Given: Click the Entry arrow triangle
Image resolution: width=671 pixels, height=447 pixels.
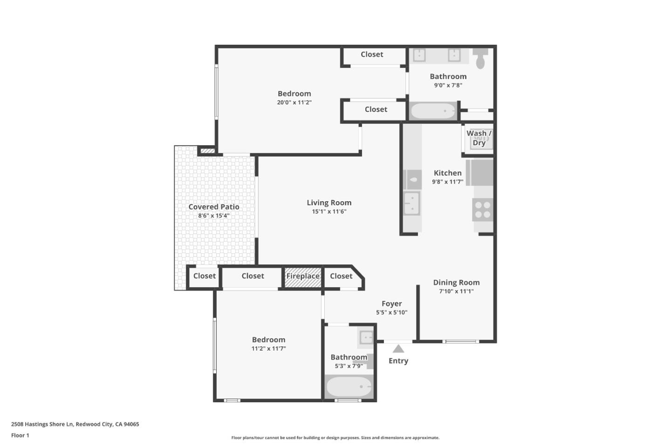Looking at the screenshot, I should coord(398,349).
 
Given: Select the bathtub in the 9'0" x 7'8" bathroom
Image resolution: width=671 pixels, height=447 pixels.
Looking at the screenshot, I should coord(433,111).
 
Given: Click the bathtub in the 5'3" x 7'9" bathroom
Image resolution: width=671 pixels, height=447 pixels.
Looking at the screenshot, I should coord(349,387).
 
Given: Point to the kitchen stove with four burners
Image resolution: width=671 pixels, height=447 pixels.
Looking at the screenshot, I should coord(482,210).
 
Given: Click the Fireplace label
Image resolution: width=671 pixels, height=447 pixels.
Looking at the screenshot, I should coord(303,276).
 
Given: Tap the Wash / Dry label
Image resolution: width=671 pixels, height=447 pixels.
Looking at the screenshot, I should coord(479,138).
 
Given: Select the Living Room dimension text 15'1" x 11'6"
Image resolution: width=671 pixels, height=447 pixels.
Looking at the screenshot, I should coord(329,211).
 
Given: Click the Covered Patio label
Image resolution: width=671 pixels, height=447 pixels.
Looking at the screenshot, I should coord(214,207).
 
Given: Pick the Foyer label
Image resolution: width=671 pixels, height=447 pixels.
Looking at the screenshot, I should coord(391,304).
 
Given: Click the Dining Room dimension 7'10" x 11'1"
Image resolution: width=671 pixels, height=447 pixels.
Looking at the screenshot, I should coord(456,291).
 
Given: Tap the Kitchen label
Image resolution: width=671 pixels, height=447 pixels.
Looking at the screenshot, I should coord(447,173).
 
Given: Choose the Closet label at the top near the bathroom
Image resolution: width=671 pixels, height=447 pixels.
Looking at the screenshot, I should coord(372,54).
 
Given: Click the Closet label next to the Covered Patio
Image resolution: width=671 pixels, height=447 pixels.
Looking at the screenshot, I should coord(205,276).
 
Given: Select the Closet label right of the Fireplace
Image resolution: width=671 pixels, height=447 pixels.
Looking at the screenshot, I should coord(341,276).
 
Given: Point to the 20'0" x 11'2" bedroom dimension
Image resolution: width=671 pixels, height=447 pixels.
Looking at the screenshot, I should coord(294,102).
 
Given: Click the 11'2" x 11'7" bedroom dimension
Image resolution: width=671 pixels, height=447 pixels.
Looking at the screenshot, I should coord(268,348).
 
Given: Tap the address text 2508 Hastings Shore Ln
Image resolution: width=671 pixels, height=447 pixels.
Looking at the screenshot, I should coord(75,424).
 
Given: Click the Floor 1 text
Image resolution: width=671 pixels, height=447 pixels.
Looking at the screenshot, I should coord(20,435).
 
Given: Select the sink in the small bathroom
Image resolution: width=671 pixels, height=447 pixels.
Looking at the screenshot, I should coord(366,337).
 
